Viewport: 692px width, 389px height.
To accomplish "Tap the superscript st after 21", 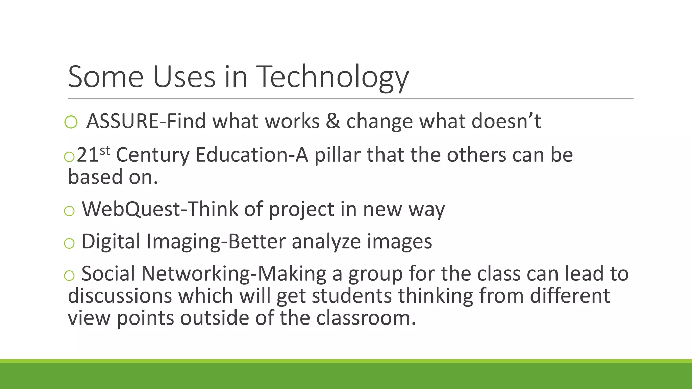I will [105, 150].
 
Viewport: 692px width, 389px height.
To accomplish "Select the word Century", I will [153, 155].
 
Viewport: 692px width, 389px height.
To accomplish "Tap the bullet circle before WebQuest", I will [69, 211].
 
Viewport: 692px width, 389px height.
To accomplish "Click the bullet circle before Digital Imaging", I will [69, 243].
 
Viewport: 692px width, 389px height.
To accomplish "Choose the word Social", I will [108, 274].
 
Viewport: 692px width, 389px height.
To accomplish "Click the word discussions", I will [120, 296].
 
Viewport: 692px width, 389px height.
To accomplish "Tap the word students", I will [351, 296].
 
